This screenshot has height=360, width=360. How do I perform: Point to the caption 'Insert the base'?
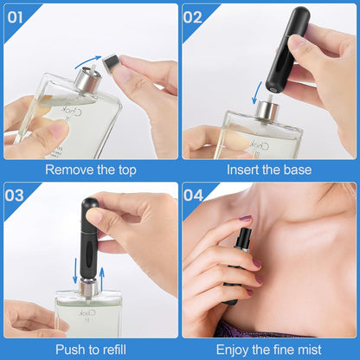coord(269,170)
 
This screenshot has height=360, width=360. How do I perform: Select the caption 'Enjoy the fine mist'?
coord(269,348)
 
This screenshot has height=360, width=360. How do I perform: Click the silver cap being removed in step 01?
coord(112,63)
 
